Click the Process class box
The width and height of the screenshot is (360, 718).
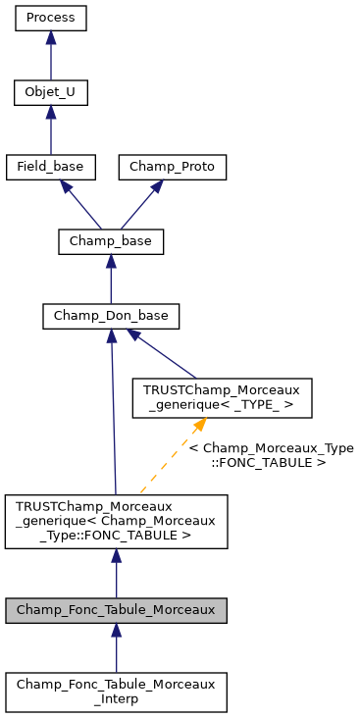51,18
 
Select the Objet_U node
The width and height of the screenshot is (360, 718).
51,93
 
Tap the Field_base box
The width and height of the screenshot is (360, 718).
51,167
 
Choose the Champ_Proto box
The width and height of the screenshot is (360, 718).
173,167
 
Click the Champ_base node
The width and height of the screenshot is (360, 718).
111,241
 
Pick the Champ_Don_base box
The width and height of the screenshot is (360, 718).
111,316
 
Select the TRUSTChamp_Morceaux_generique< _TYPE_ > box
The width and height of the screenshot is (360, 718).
223,397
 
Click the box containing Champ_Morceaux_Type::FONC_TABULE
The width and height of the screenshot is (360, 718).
116,521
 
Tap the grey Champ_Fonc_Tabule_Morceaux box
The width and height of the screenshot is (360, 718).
116,609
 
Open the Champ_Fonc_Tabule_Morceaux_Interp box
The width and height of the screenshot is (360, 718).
116,692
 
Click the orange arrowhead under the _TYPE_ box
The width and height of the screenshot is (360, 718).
198,425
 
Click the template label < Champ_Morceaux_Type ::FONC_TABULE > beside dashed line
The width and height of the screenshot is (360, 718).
271,454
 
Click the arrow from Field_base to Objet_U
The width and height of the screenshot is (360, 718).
51,130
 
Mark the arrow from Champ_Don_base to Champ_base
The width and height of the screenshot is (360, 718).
111,279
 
